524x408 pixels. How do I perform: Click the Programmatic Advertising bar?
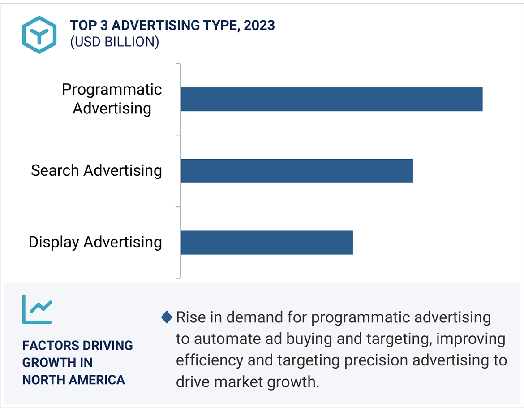(331, 99)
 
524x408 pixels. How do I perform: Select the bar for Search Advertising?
(296, 171)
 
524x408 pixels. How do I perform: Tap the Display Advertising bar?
(266, 243)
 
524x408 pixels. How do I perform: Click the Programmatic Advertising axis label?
(112, 99)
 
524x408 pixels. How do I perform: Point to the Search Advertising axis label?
(96, 171)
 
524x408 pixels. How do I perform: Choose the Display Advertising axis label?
(95, 242)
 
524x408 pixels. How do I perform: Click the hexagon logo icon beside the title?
(39, 35)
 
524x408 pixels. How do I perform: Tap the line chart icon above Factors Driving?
(37, 309)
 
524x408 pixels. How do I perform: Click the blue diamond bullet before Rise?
(167, 317)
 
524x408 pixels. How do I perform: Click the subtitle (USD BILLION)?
(114, 42)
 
